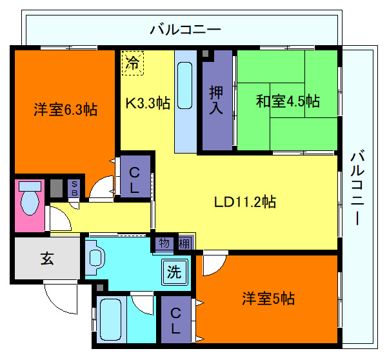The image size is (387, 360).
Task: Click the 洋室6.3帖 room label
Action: pyautogui.click(x=65, y=110)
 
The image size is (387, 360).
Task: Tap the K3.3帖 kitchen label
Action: pyautogui.click(x=148, y=103)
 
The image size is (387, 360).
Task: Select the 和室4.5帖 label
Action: pyautogui.click(x=287, y=101)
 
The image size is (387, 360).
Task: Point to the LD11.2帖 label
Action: pyautogui.click(x=245, y=202)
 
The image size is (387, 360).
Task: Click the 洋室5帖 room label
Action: pyautogui.click(x=269, y=299)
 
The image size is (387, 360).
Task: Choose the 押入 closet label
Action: pyautogui.click(x=216, y=100)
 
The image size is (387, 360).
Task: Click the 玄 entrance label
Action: pyautogui.click(x=47, y=259)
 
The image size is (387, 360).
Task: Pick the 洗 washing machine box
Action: pyautogui.click(x=174, y=272)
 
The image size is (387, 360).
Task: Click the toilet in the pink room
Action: pyautogui.click(x=29, y=202)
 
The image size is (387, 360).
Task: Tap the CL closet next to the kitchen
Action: pyautogui.click(x=134, y=180)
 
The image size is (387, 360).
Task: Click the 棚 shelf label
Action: pyautogui.click(x=184, y=243)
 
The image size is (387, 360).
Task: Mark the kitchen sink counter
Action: pyautogui.click(x=185, y=106)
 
